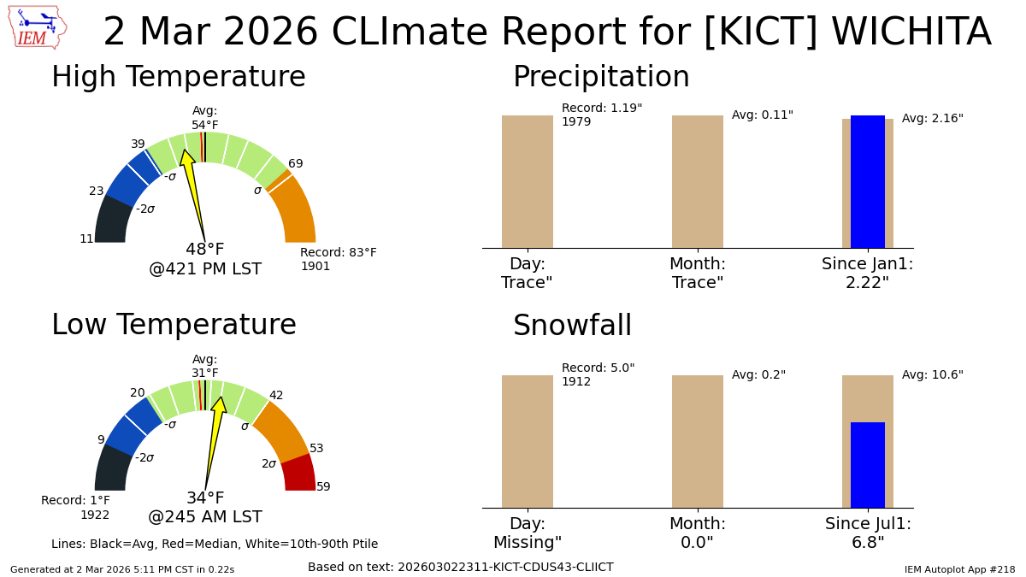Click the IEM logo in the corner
coord(37,27)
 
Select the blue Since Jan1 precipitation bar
coord(867,181)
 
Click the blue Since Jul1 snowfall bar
coord(867,465)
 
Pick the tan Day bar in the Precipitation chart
coord(528,181)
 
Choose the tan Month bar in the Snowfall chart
coord(698,441)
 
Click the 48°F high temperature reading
coord(205,250)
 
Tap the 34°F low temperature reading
coord(205,498)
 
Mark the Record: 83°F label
coord(338,253)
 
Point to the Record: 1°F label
coord(75,501)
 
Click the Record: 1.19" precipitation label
coord(602,109)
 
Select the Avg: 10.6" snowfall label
coord(933,375)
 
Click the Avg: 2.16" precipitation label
coord(933,119)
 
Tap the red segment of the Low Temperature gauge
coord(299,473)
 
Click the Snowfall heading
coord(572,327)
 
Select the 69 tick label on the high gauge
coord(296,164)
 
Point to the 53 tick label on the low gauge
coord(316,449)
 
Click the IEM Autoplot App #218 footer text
coord(959,569)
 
